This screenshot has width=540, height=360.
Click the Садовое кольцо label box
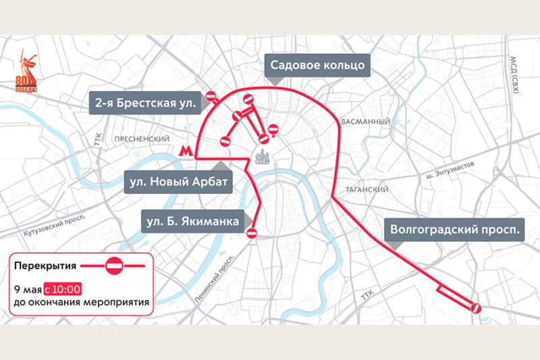[x=317, y=66]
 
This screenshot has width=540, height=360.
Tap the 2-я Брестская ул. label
[x=145, y=103]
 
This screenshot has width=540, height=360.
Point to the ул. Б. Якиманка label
[x=194, y=221]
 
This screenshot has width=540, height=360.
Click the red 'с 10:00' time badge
[x=63, y=289]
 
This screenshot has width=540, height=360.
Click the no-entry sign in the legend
[x=114, y=266]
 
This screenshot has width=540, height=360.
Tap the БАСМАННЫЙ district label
[x=366, y=122]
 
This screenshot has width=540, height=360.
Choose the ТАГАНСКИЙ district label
[x=367, y=190]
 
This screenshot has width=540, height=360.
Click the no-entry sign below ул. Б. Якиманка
[x=252, y=233]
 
